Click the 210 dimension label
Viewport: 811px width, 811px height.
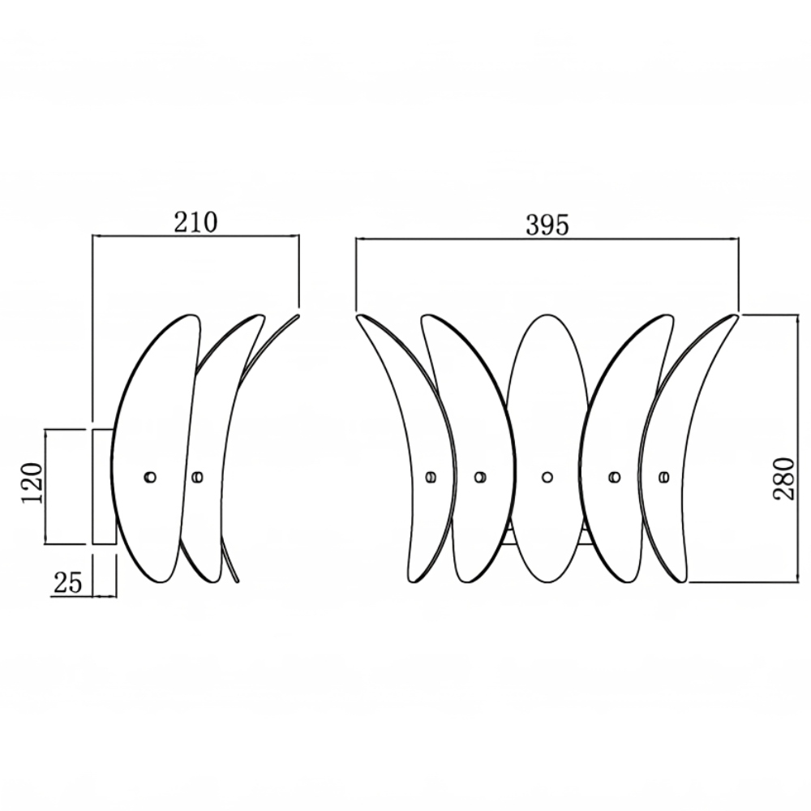click(195, 222)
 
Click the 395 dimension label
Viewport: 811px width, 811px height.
click(547, 225)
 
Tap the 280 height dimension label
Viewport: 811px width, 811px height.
click(784, 478)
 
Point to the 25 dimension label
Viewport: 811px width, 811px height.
click(68, 583)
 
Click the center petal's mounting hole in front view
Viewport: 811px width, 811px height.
click(547, 477)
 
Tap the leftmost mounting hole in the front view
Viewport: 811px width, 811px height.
click(431, 477)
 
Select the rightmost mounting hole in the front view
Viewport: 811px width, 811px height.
click(665, 477)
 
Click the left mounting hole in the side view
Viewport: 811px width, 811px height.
click(150, 477)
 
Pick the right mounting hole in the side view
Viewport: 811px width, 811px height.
click(197, 477)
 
